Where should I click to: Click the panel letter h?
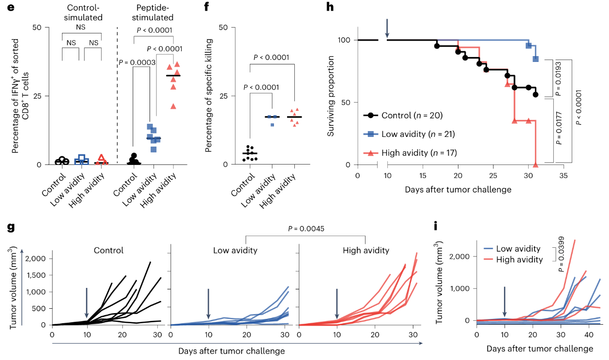(331, 8)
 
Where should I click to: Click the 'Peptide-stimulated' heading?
(154, 13)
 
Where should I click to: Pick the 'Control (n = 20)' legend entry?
(411, 115)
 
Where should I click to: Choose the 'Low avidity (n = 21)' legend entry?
(416, 134)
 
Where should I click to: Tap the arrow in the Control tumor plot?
(86, 302)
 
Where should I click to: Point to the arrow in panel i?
(504, 301)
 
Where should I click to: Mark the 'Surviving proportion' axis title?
(331, 95)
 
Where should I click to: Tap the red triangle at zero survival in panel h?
(535, 165)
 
